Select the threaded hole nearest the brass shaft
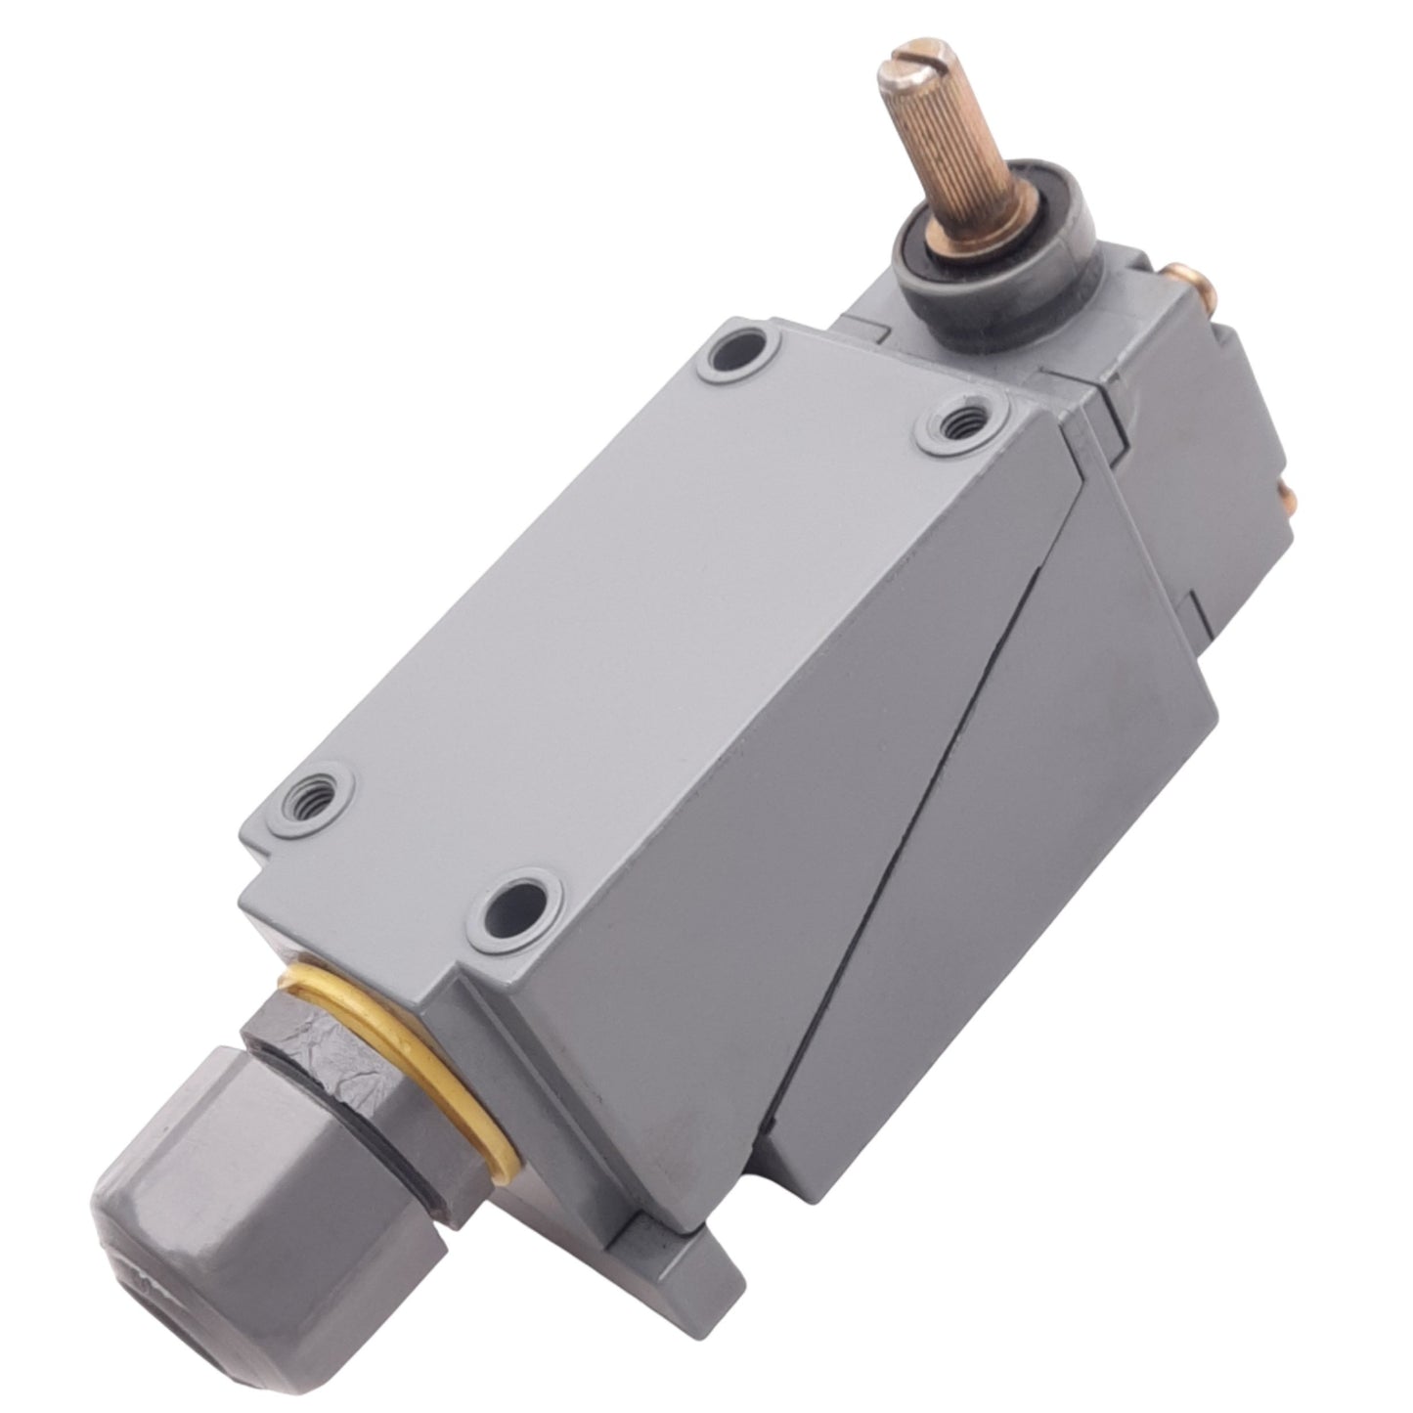tap(959, 419)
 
